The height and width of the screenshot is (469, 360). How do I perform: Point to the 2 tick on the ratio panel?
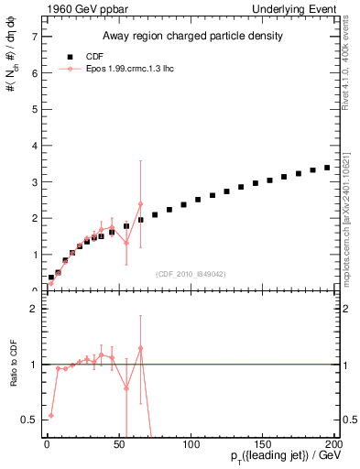[33, 310]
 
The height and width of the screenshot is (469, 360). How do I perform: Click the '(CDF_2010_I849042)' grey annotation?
[190, 273]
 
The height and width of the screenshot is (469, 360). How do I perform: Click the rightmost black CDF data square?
[327, 168]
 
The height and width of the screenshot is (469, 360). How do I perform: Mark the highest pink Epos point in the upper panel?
[141, 204]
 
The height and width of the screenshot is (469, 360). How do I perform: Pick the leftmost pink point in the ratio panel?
[50, 415]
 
